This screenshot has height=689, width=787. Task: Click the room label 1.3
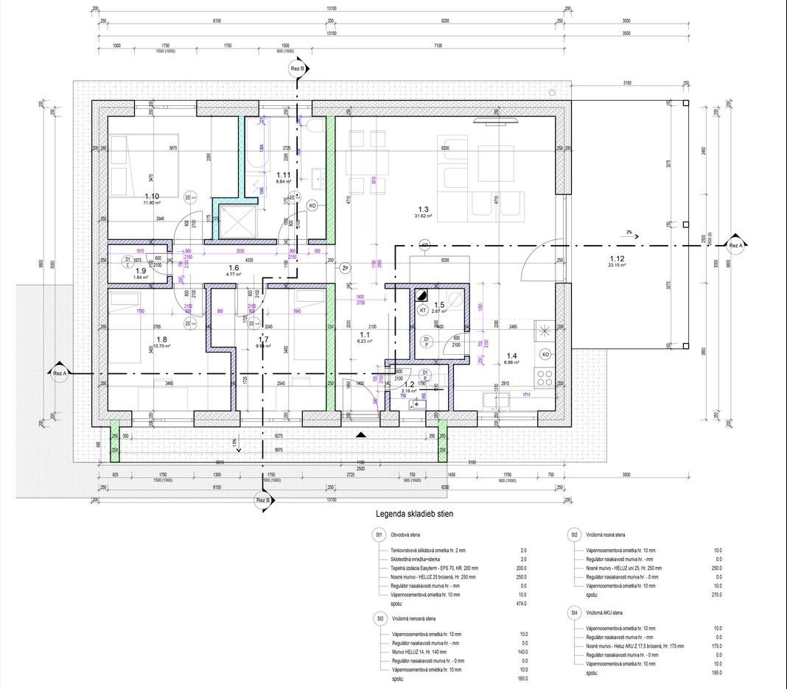423,210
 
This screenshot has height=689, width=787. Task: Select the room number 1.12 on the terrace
617,258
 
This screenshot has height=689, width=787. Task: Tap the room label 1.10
152,197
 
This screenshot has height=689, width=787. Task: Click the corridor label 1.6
234,268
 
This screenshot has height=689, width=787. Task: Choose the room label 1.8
161,339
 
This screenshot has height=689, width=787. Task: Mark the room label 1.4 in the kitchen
511,356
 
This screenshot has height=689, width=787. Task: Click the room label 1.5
439,305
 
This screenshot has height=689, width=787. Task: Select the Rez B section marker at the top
298,68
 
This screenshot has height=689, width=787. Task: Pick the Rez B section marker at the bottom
264,501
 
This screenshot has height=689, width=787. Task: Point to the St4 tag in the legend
573,612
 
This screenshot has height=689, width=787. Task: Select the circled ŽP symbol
345,268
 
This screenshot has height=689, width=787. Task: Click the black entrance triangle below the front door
360,435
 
